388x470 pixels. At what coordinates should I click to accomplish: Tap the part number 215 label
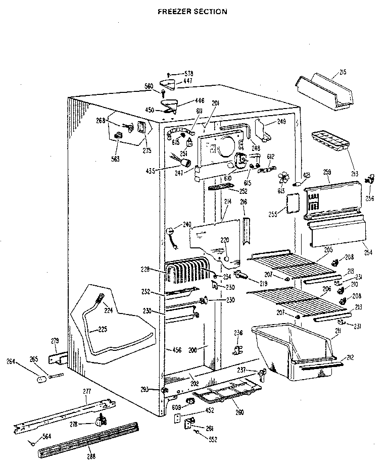click(343, 73)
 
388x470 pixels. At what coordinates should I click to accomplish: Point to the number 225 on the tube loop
click(103, 329)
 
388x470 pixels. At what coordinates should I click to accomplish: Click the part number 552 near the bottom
click(213, 439)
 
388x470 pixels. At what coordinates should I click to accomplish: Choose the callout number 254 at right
click(367, 252)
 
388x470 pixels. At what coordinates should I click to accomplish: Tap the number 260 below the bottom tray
click(239, 412)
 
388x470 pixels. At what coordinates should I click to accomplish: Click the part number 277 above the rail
click(86, 391)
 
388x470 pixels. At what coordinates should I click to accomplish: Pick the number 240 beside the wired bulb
click(187, 224)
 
